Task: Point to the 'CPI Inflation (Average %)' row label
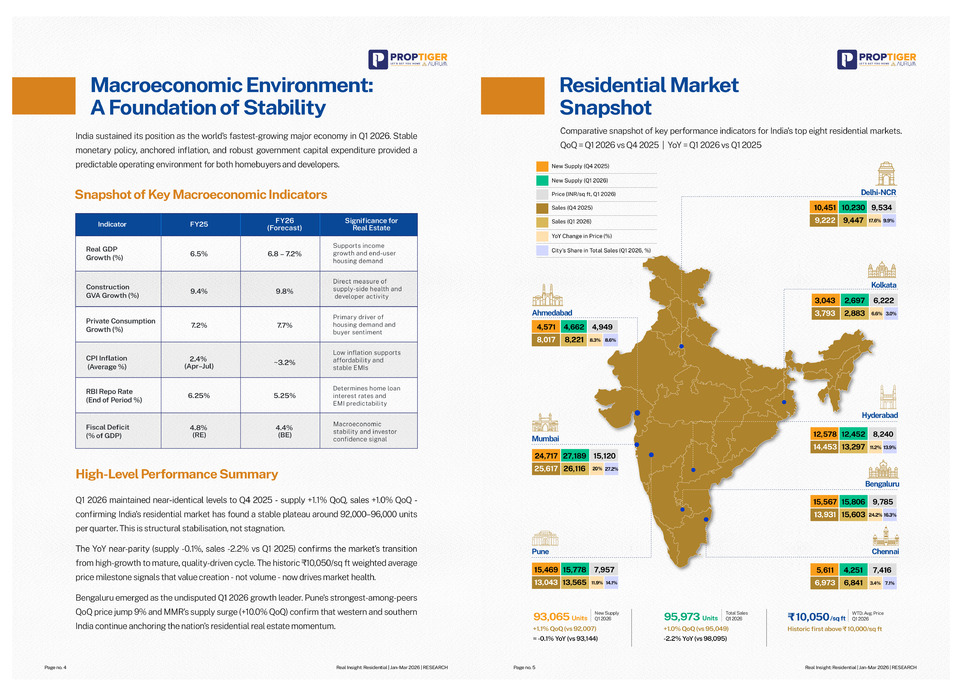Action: (x=106, y=362)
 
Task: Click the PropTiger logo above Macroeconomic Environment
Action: (x=408, y=59)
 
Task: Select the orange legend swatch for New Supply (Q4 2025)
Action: (x=542, y=166)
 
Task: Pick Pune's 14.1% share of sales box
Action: (x=611, y=583)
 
